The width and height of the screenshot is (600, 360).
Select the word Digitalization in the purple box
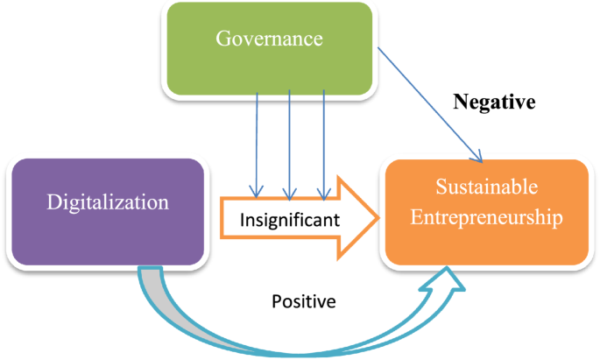[x=108, y=202]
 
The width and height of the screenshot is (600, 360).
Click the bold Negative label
[x=494, y=102]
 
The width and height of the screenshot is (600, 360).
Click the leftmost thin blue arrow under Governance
[x=257, y=140]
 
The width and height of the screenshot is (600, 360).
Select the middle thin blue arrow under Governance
[x=289, y=140]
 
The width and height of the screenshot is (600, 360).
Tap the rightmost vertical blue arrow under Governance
[x=324, y=140]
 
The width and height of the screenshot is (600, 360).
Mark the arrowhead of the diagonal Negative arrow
[x=479, y=159]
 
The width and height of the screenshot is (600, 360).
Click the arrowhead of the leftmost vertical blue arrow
[x=257, y=193]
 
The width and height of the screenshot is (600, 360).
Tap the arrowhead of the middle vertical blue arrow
[x=289, y=193]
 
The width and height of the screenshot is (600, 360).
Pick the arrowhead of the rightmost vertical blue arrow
[x=324, y=193]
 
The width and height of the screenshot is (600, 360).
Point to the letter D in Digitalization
[x=53, y=202]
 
